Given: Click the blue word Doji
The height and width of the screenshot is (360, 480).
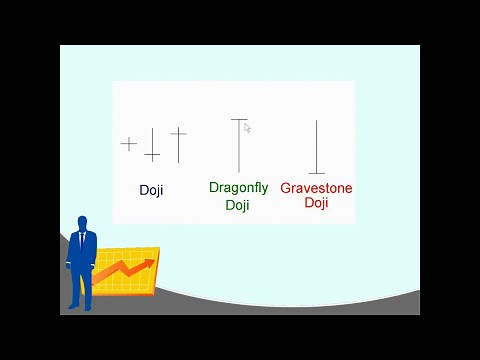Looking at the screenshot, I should [151, 190].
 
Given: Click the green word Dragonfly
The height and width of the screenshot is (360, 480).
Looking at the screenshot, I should [238, 187].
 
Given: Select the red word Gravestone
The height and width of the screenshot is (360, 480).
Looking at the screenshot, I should [316, 188].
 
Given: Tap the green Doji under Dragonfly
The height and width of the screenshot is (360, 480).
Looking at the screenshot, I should [237, 205].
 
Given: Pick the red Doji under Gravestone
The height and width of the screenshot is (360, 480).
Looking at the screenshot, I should [316, 203].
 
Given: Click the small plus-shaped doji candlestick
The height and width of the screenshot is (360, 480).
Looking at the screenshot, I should [129, 144].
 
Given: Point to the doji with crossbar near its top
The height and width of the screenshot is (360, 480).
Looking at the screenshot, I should [178, 144].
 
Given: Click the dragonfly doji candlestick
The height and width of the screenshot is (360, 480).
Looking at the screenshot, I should [239, 145].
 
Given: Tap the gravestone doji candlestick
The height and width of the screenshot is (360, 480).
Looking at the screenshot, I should [316, 147].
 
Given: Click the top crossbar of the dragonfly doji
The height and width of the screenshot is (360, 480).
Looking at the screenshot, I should [239, 120].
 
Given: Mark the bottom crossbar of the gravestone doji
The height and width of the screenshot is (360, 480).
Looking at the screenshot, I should [316, 173].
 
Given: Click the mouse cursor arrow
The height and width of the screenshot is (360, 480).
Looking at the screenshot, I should [247, 127].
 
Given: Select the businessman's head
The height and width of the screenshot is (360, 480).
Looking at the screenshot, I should [82, 223].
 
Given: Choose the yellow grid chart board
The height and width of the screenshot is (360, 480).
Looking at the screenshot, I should [125, 271].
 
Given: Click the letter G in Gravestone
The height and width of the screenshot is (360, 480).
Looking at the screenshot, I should [285, 188].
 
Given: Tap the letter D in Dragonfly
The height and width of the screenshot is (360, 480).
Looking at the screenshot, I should [214, 187].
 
